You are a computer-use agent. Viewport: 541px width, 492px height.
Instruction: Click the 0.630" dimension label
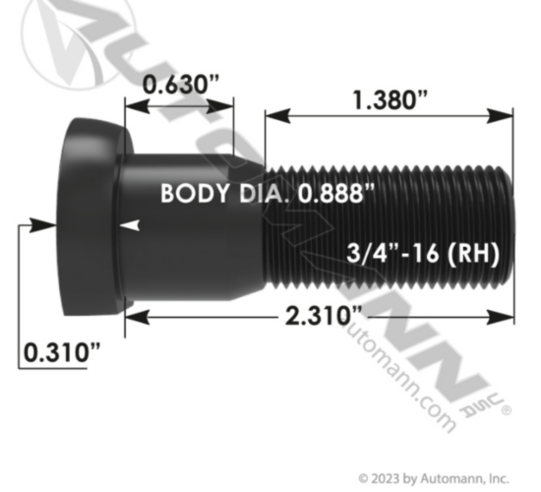(181, 85)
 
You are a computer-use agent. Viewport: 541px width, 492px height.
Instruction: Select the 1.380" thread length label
(390, 100)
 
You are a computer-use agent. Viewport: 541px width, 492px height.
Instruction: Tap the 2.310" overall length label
(324, 316)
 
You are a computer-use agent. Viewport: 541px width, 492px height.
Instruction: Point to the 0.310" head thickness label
(62, 352)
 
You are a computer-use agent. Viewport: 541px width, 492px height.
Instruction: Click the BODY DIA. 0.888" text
(268, 193)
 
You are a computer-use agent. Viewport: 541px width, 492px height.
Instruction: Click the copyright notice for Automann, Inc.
(434, 479)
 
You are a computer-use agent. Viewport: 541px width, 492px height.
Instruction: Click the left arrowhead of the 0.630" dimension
(137, 106)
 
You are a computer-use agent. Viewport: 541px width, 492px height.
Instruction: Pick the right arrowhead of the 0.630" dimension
(221, 106)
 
